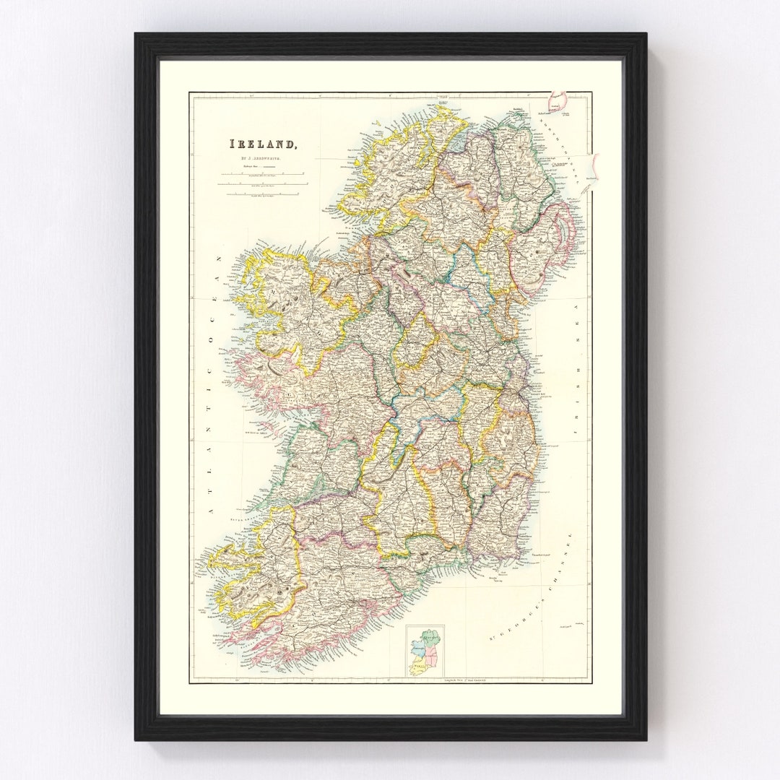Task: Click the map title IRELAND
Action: click(x=263, y=145)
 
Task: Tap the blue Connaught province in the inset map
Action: click(x=417, y=645)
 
